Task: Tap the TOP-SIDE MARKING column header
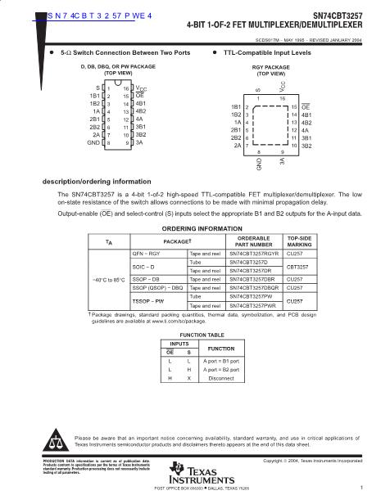pos(297,241)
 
